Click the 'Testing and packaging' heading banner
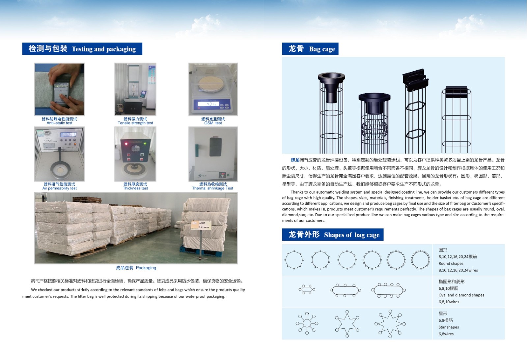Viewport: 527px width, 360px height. point(82,49)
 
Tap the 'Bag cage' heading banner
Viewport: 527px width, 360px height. point(310,49)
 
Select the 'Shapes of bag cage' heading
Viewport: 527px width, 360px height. point(333,234)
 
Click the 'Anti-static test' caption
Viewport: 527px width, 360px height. point(60,123)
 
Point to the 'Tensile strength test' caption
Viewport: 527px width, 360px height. point(135,123)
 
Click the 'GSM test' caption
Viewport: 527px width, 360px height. point(213,123)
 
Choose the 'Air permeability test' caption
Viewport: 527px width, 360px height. point(60,188)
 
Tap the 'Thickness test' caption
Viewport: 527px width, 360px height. point(135,188)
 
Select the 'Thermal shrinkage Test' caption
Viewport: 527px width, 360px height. point(212,188)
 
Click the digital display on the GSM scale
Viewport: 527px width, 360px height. point(208,104)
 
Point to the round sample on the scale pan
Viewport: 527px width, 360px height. point(211,83)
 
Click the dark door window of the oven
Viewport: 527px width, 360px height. point(215,147)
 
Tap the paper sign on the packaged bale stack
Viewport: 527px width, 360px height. point(201,225)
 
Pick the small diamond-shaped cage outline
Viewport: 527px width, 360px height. point(307,289)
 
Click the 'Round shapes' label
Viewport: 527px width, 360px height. point(451,263)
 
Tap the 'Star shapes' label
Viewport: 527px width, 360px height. point(449,327)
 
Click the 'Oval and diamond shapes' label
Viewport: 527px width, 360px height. point(461,295)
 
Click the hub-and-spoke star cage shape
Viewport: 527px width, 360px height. point(307,323)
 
